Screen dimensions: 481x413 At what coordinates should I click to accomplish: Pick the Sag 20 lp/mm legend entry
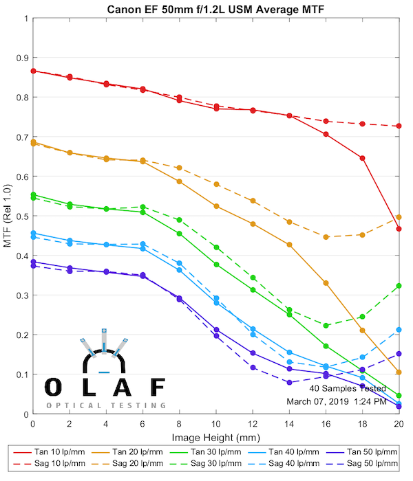click(127, 465)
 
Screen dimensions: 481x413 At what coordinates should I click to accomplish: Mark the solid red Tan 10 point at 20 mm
click(399, 229)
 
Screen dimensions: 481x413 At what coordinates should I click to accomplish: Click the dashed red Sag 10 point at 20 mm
click(399, 126)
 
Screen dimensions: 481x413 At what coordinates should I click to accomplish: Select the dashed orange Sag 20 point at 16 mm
click(326, 237)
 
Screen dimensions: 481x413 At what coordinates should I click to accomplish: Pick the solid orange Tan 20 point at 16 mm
click(326, 283)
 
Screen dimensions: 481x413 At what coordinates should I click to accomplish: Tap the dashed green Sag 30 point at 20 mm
click(399, 286)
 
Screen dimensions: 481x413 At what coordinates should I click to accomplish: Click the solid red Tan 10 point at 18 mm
click(362, 158)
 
